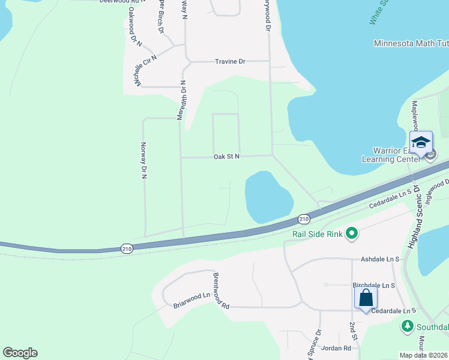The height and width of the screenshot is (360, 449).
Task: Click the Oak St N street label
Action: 227,157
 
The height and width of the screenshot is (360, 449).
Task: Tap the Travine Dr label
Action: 231,61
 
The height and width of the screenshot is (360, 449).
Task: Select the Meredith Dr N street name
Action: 181,100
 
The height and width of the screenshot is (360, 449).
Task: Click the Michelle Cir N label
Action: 146,70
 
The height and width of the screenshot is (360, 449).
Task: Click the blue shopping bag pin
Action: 366,298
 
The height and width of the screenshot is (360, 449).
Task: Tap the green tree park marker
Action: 408,326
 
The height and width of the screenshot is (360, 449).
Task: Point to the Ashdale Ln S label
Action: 380,259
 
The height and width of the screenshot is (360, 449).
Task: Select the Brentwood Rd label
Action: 221,290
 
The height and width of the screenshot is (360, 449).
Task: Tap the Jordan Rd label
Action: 336,348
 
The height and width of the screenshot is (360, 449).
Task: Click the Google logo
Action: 20,353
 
